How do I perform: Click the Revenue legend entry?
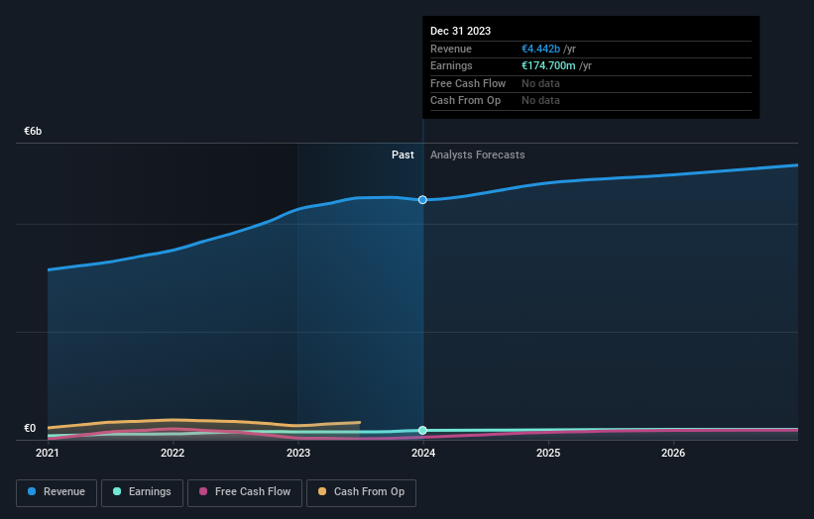point(57,491)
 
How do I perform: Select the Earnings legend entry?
point(142,491)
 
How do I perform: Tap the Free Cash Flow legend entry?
point(244,491)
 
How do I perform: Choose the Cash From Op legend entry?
point(361,491)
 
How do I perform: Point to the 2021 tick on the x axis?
point(48,454)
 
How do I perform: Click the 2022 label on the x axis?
point(173,454)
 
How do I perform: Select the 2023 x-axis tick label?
point(297,454)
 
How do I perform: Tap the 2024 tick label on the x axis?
point(423,454)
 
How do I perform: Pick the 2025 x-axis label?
point(548,454)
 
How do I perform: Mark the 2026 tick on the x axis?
point(673,454)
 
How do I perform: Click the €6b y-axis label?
point(34,131)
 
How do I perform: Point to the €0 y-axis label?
point(30,428)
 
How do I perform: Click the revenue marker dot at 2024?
point(423,200)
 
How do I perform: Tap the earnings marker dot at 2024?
point(423,430)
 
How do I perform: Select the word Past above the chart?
point(403,155)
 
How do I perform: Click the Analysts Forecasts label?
point(477,155)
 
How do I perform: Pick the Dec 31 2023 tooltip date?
point(460,32)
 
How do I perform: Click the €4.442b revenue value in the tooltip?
point(548,49)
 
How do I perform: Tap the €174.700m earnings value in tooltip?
point(556,66)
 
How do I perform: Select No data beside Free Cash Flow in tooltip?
point(540,83)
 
